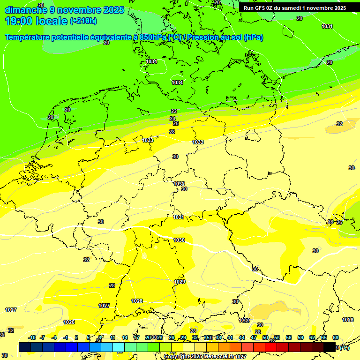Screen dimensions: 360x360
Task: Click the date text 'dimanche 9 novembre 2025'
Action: tap(64, 10)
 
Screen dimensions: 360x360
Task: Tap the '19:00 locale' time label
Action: tap(37, 21)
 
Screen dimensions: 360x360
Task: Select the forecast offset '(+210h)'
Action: tap(83, 21)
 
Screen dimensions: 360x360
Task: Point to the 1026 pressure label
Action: tap(69, 322)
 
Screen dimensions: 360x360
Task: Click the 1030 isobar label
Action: tap(179, 240)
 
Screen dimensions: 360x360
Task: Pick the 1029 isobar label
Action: tap(180, 282)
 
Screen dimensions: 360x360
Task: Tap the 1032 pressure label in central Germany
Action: tap(179, 184)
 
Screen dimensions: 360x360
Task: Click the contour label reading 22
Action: tap(174, 111)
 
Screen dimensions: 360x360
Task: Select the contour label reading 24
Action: tap(172, 119)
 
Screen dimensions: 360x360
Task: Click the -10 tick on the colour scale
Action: tap(32, 337)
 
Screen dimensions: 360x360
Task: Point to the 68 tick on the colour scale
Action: tap(336, 337)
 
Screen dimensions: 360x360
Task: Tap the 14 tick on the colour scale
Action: tap(125, 337)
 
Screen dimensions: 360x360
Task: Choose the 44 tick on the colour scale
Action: tap(242, 337)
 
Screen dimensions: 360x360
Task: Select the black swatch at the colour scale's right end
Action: tap(330, 347)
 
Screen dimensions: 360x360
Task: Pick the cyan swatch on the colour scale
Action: tap(119, 347)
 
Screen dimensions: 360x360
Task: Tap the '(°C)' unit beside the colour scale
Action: tap(344, 347)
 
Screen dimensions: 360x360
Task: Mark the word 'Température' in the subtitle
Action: tap(28, 37)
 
